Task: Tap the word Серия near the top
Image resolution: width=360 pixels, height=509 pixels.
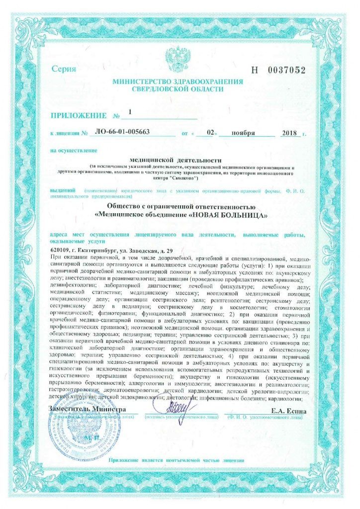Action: pyautogui.click(x=64, y=69)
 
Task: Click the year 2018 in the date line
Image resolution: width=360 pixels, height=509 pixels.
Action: pyautogui.click(x=288, y=133)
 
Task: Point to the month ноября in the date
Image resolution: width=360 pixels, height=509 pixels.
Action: pyautogui.click(x=243, y=133)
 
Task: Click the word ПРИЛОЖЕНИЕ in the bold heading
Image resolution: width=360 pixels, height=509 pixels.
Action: pyautogui.click(x=78, y=116)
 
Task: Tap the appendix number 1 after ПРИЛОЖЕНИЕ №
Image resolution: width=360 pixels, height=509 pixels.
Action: pyautogui.click(x=130, y=112)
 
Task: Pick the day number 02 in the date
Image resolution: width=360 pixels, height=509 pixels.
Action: pyautogui.click(x=210, y=133)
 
